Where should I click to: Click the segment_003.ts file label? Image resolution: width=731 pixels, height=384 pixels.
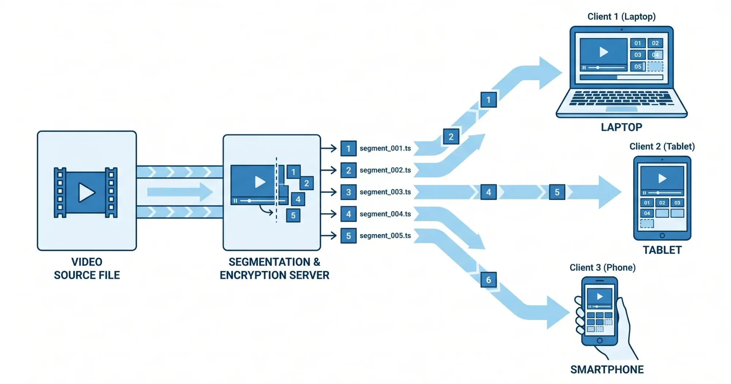tap(385, 192)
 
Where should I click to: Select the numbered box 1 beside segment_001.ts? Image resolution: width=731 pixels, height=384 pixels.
tap(348, 148)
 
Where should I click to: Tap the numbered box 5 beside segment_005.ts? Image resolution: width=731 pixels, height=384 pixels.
tap(348, 236)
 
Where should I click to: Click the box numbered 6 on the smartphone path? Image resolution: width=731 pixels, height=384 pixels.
tap(488, 280)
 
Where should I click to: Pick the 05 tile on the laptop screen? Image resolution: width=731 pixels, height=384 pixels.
tap(638, 67)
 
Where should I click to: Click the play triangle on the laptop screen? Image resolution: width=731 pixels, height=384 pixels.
tap(604, 52)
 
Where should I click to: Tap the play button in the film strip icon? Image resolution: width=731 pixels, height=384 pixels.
tap(86, 192)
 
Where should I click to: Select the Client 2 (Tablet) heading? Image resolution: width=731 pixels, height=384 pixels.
tap(662, 146)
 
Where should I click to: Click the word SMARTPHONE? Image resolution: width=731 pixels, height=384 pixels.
tap(607, 370)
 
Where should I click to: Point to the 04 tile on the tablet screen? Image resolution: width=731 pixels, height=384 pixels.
tap(647, 213)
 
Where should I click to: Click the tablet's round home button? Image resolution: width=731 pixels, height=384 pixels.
tap(662, 236)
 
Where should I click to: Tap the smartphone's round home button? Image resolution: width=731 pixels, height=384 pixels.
tap(599, 340)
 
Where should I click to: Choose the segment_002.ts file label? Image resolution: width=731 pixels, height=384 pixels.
tap(385, 170)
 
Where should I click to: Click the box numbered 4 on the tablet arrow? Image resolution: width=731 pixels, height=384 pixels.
tap(488, 192)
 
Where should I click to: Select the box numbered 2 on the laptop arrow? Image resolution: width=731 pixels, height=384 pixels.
tap(451, 137)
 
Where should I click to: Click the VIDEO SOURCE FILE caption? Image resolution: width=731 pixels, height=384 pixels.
tap(87, 268)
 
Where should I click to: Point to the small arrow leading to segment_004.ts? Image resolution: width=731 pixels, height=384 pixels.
tap(329, 214)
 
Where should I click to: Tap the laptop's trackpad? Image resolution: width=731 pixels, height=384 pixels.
tap(621, 109)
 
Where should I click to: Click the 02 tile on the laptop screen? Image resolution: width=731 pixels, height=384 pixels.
tap(655, 43)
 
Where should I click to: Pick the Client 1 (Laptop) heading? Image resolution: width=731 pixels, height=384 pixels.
tap(621, 16)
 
